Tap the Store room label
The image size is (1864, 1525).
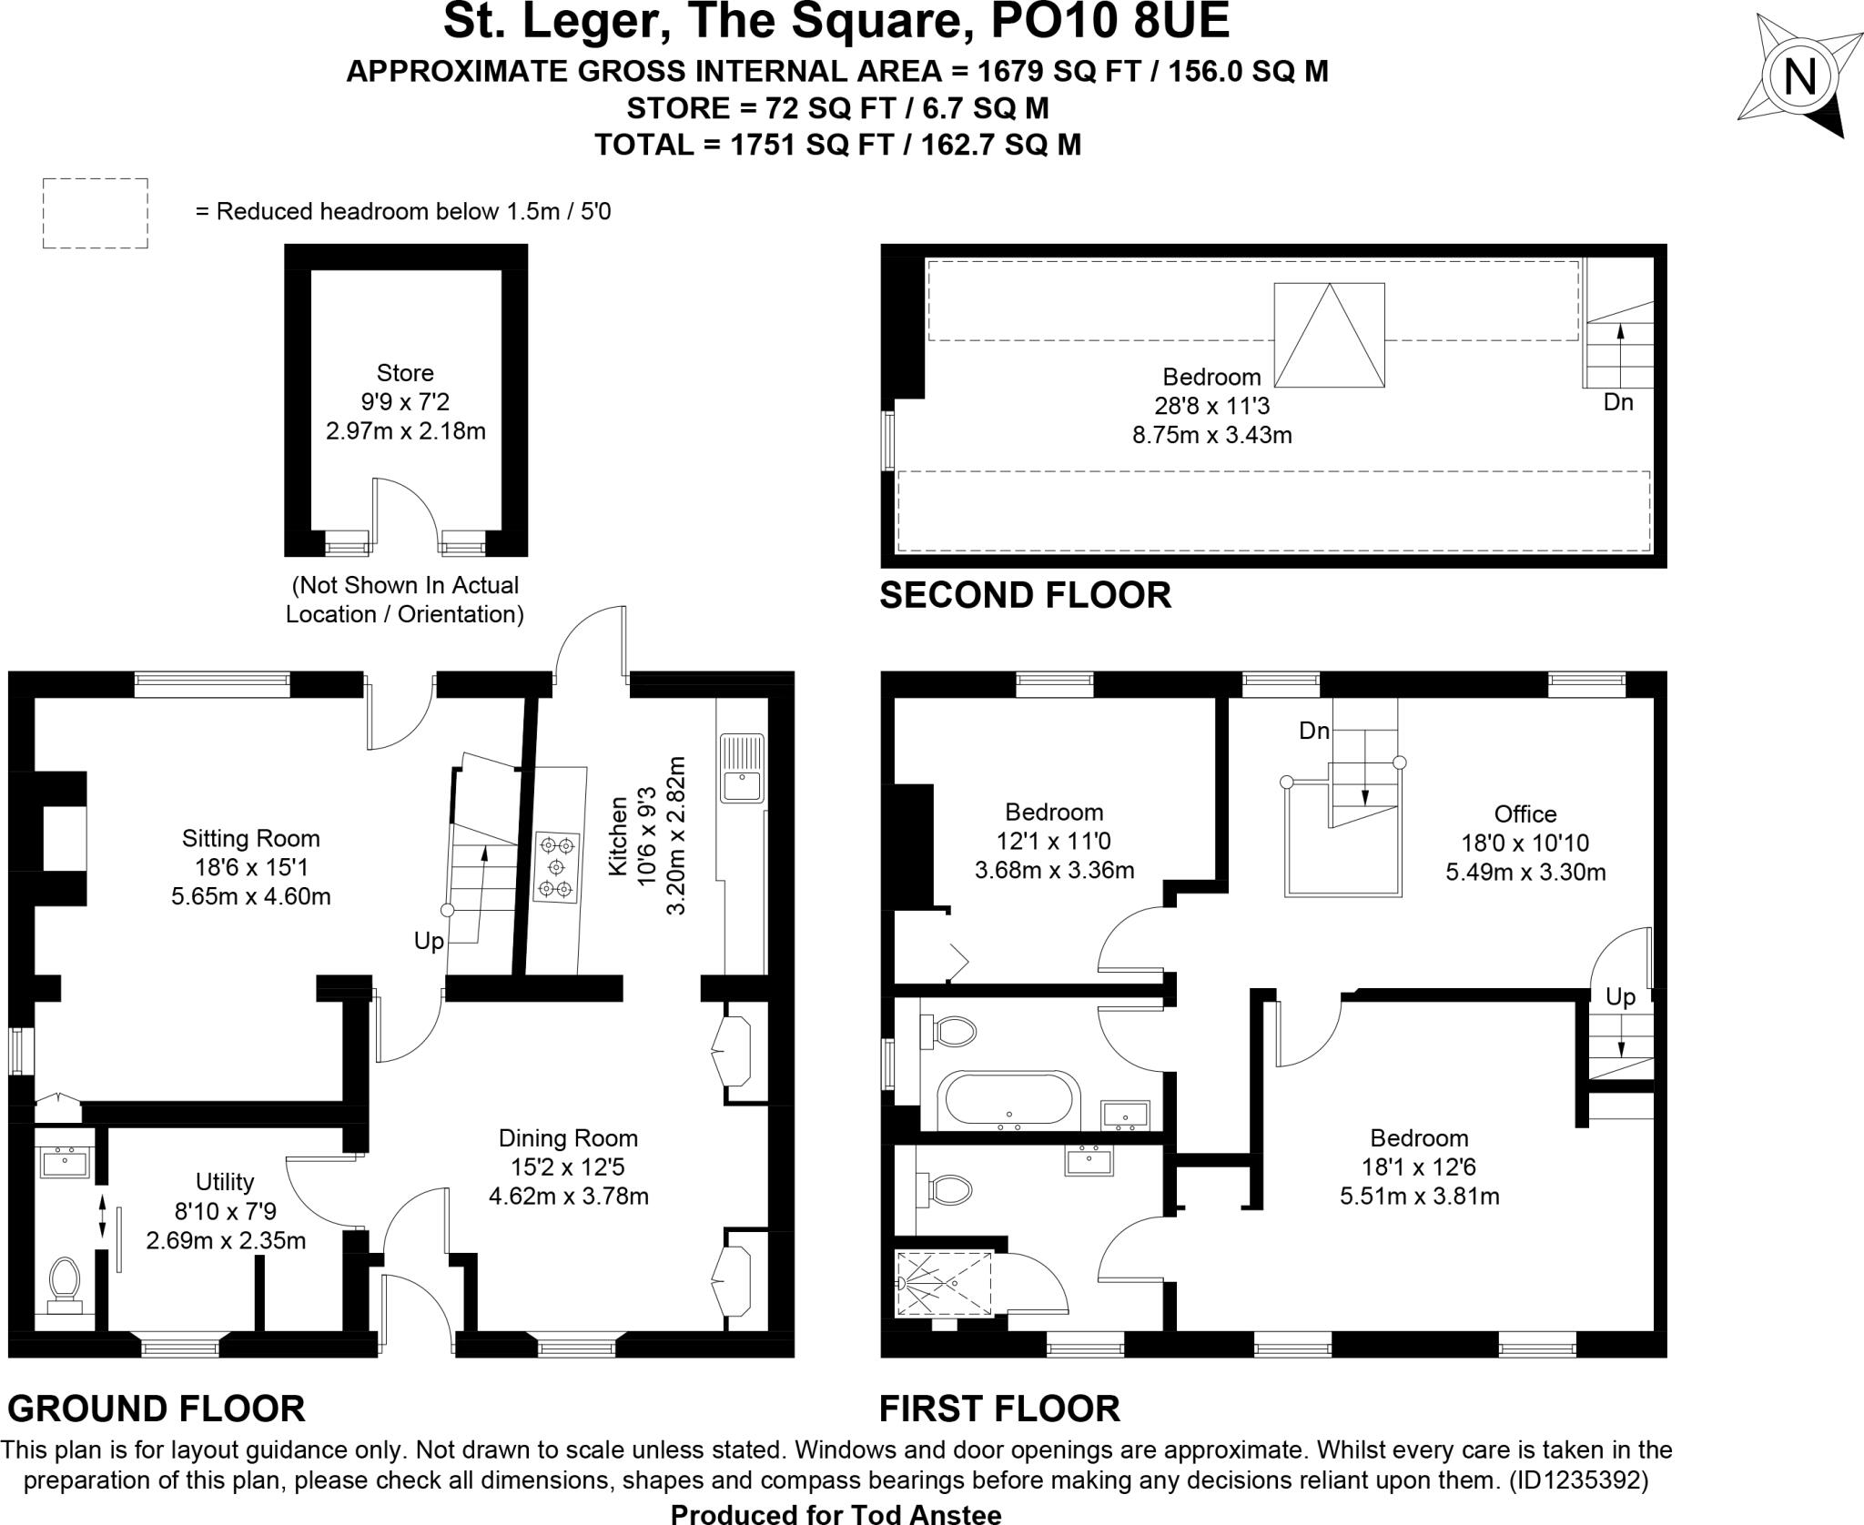pos(405,373)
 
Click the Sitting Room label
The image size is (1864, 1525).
pos(250,838)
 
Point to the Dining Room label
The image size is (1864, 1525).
pos(568,1138)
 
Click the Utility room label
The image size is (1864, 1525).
pos(225,1182)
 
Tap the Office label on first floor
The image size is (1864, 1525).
pos(1525,813)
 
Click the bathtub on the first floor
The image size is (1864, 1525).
pos(1008,1100)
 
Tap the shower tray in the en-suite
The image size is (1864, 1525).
pos(944,1283)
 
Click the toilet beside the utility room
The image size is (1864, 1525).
pos(64,1283)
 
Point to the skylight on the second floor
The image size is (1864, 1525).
pos(1329,335)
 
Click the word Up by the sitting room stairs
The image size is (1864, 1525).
pos(429,941)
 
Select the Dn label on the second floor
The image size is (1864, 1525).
pos(1618,402)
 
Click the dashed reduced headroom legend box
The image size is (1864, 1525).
pos(95,213)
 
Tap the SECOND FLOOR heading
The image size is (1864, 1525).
pos(1025,595)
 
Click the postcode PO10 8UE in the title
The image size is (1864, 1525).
pos(1109,22)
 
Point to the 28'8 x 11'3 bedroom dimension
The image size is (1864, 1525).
pos(1211,406)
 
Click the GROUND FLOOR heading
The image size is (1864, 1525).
pos(156,1409)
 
